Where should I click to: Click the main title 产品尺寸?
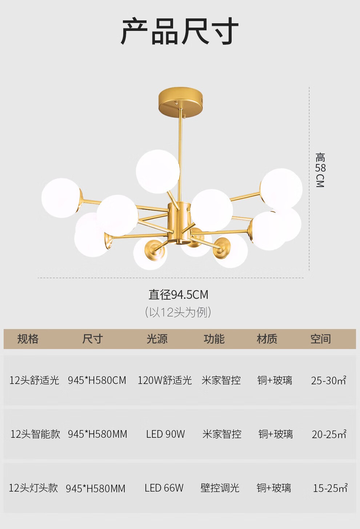tap(180, 31)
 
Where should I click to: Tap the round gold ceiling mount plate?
tap(181, 102)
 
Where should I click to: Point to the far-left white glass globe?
tap(61, 198)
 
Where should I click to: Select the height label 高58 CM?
tap(320, 170)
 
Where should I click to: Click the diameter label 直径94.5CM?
tap(178, 295)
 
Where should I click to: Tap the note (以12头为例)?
tap(178, 312)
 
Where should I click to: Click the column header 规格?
tap(28, 339)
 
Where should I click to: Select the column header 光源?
tap(157, 339)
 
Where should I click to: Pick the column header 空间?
tap(321, 339)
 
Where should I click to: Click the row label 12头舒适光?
tap(34, 380)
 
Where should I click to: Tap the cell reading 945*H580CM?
tap(97, 380)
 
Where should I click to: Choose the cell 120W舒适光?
tap(165, 380)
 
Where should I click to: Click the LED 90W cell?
tap(165, 434)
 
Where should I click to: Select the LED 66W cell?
tap(164, 488)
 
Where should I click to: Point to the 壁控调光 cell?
tap(220, 488)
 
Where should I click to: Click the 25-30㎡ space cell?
tap(329, 380)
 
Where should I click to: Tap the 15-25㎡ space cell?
tap(330, 488)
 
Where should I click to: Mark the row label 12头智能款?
tap(35, 434)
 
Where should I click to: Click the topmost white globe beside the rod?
tap(158, 172)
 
